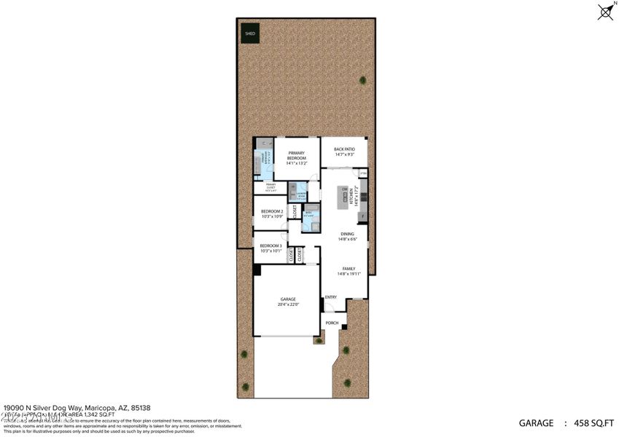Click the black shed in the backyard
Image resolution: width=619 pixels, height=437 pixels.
[x=249, y=33]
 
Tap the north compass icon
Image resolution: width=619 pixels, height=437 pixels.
[x=604, y=11]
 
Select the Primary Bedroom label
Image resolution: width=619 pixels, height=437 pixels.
[x=295, y=156]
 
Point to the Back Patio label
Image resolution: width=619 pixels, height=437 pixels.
[x=344, y=151]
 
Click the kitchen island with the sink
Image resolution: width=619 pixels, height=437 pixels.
[x=342, y=197]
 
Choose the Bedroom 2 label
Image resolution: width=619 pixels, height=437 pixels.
[x=272, y=213]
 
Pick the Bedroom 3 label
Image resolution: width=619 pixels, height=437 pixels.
[x=270, y=248]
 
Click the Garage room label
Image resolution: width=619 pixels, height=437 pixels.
[x=287, y=302]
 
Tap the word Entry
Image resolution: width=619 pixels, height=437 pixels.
[x=331, y=296]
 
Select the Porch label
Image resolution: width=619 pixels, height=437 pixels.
[x=332, y=323]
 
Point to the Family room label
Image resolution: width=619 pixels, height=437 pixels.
[x=346, y=271]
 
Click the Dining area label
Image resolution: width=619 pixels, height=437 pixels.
[x=346, y=236]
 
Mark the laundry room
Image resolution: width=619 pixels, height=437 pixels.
[x=299, y=193]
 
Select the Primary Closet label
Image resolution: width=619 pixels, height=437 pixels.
[x=270, y=187]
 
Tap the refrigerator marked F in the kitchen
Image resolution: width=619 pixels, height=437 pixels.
[x=362, y=216]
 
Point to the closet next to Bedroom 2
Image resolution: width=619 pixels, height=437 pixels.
[x=295, y=212]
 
